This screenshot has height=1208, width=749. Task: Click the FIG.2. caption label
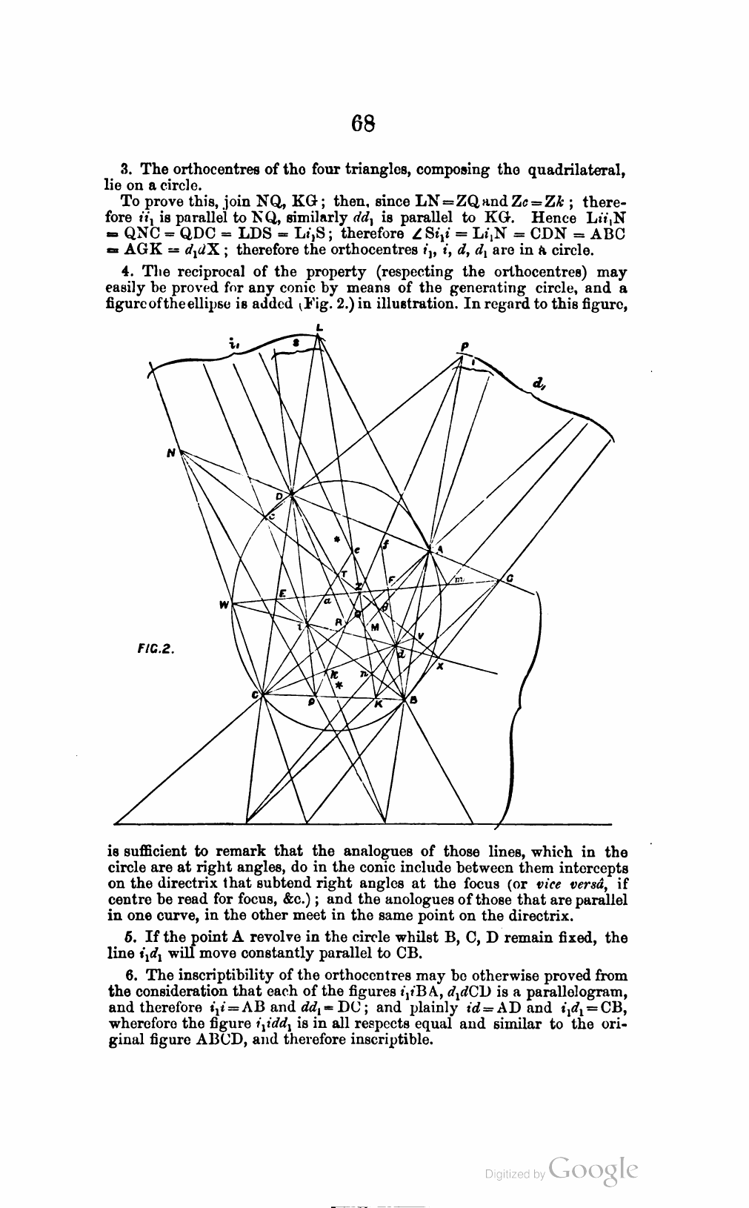155,647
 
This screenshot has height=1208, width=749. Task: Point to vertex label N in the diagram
171,453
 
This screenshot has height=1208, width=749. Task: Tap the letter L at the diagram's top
319,327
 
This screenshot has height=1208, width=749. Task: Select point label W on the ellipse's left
223,605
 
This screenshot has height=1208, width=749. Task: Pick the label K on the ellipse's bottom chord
377,704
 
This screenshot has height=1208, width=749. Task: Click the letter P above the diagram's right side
465,346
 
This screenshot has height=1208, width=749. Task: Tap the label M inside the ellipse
375,627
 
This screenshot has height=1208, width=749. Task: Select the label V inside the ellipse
420,636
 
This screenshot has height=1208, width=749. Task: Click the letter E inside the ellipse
282,594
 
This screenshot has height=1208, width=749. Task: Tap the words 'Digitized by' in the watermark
515,1174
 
